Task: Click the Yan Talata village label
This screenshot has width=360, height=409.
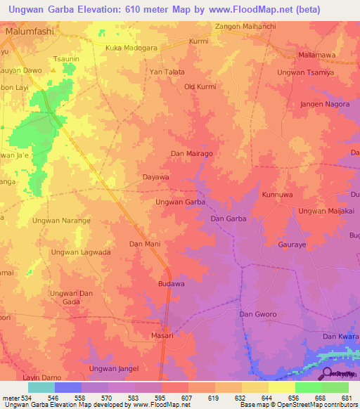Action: click(x=167, y=72)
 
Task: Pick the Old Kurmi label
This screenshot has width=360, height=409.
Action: click(x=200, y=86)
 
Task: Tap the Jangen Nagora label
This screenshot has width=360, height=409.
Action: click(x=324, y=104)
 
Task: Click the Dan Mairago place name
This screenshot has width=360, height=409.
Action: click(x=192, y=152)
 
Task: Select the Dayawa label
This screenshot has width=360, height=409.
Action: click(x=156, y=178)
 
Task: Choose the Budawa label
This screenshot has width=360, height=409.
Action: click(x=171, y=284)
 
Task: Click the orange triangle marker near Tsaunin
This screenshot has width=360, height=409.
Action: click(x=53, y=70)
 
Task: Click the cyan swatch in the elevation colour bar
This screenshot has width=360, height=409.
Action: click(x=41, y=387)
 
